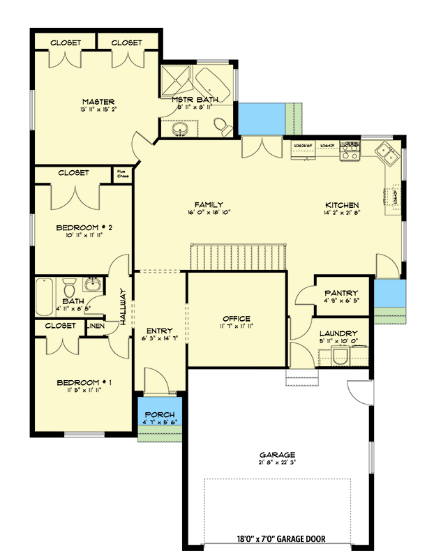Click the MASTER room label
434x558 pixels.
click(98, 102)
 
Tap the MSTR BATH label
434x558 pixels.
click(192, 100)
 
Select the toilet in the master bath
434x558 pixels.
click(223, 127)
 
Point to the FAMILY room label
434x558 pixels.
click(209, 204)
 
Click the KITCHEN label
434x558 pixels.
click(342, 205)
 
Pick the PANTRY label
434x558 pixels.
click(341, 294)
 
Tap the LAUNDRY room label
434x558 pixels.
click(338, 333)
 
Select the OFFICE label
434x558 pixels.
click(237, 319)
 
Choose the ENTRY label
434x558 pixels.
click(160, 331)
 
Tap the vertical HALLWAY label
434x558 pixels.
click(122, 308)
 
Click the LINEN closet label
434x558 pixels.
click(96, 326)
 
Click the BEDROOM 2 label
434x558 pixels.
click(84, 227)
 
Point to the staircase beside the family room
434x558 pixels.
click(239, 256)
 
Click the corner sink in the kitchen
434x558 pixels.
click(386, 151)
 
